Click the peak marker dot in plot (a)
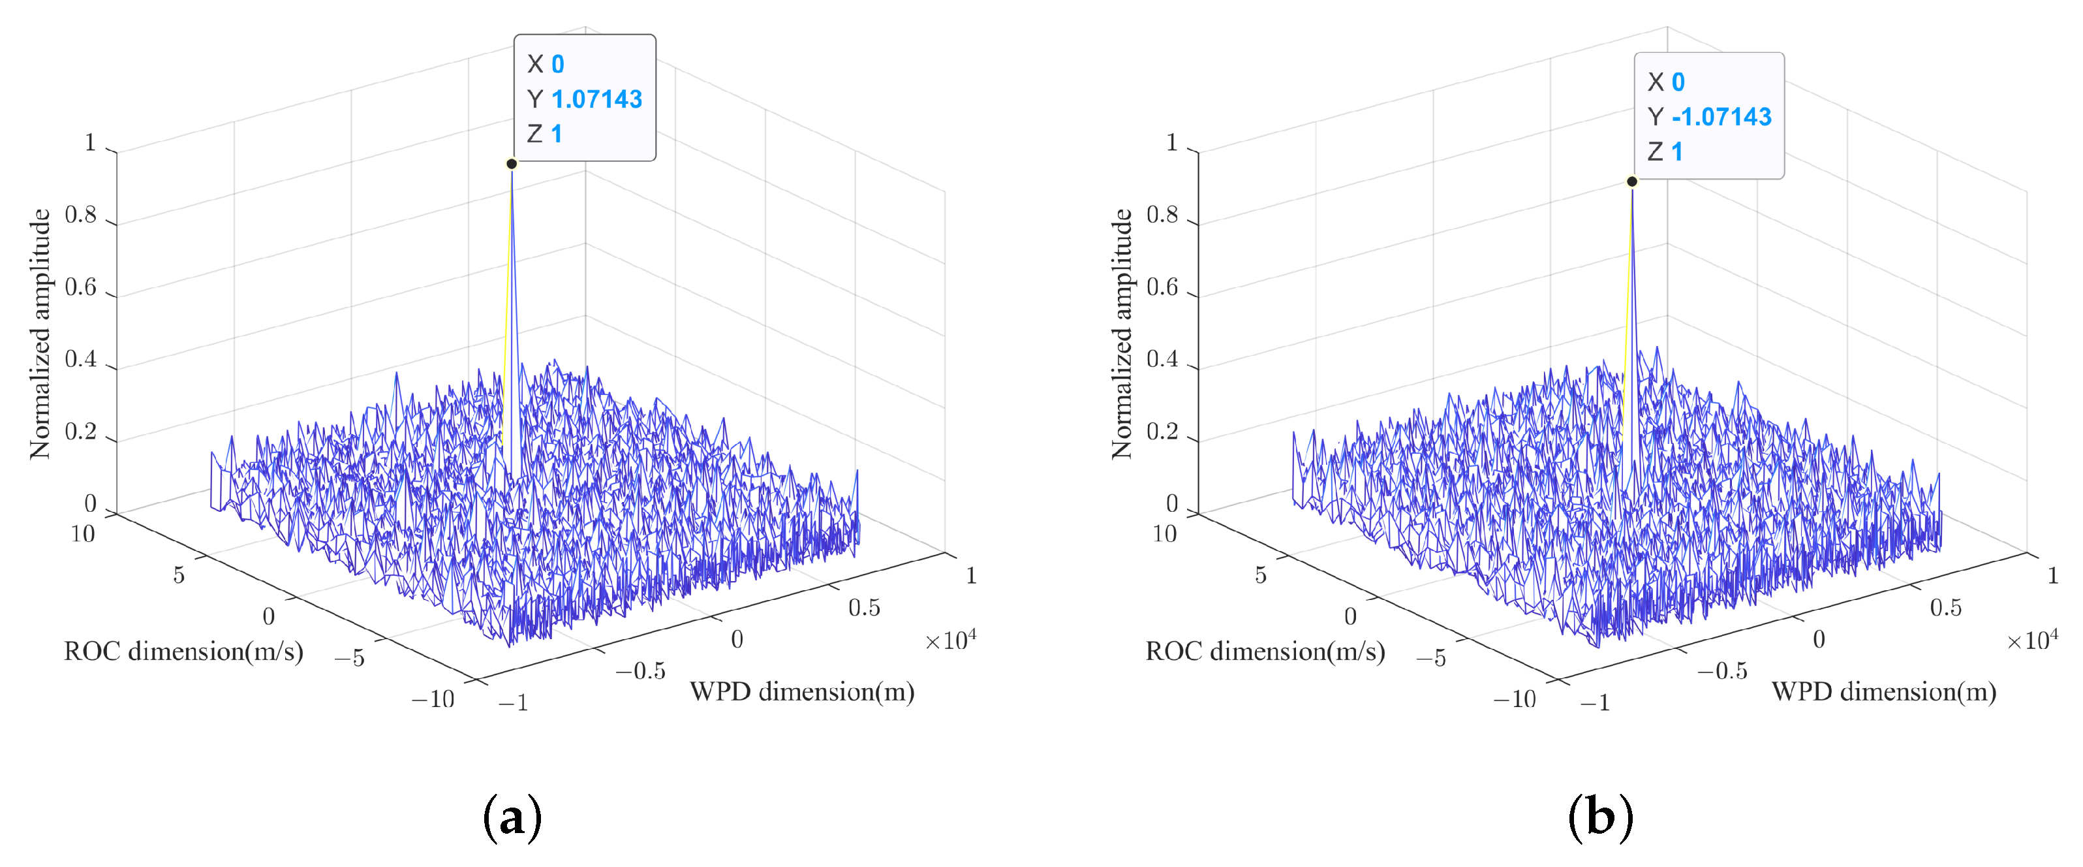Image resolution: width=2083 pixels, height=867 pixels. point(511,163)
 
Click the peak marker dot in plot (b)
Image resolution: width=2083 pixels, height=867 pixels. point(1632,181)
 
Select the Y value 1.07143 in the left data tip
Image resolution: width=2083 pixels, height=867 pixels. point(596,99)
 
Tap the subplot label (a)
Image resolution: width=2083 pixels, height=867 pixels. point(512,819)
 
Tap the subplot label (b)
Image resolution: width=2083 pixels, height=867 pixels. point(1600,819)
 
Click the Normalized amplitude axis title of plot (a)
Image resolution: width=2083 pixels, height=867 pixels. point(40,334)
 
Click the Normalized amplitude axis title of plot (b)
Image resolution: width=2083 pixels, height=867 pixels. point(1122,334)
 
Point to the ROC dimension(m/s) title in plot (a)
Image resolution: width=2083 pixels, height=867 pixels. point(183,651)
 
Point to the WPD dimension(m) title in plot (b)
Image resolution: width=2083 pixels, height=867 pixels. point(1883,691)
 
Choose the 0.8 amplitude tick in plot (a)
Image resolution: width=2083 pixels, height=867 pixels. point(81,215)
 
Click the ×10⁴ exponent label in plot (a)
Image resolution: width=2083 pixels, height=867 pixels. point(950,640)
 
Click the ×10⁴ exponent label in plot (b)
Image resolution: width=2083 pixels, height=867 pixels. point(2032,640)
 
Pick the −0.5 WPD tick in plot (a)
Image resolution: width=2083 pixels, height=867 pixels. point(640,670)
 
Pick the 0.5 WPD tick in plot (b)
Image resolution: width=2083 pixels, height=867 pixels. point(1945,607)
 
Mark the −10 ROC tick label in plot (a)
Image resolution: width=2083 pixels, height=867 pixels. point(433,699)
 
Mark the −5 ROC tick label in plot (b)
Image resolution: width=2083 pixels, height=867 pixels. point(1430,657)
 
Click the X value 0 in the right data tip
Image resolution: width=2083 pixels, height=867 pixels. point(1678,82)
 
